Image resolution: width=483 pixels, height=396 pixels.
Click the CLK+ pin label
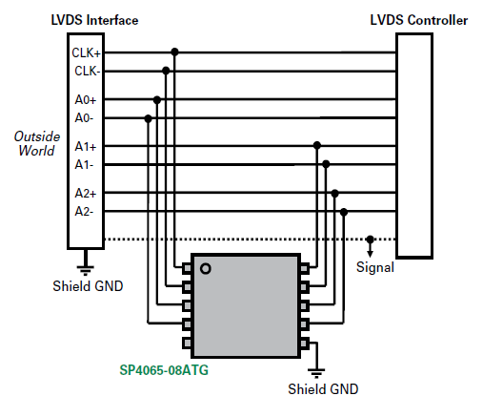pos(86,52)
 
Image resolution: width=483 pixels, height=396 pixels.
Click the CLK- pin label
pos(86,70)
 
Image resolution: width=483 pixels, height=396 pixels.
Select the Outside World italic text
pos(35,143)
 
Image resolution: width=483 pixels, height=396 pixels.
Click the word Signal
pos(374,268)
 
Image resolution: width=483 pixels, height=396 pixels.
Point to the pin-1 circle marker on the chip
pos(204,269)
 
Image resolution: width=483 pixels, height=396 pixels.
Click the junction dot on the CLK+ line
pos(175,52)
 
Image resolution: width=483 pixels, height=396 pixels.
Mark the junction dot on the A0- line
pos(148,117)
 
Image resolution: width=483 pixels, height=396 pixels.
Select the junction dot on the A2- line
pos(343,211)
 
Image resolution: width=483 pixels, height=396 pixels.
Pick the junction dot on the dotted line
pos(371,239)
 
